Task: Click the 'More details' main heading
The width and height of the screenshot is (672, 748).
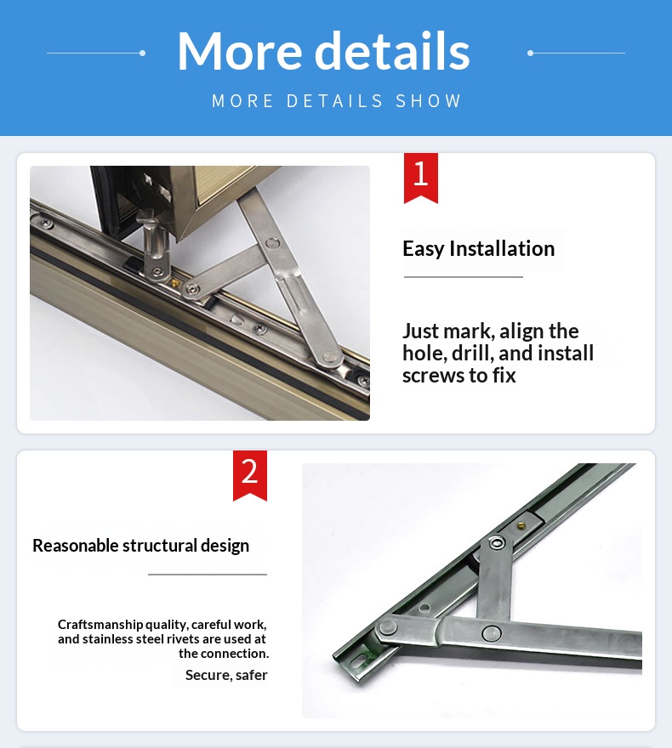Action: (x=323, y=51)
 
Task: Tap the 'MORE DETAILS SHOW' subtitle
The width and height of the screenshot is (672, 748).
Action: (x=336, y=101)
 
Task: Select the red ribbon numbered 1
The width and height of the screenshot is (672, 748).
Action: (x=420, y=177)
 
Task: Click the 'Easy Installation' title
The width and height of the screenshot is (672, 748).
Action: (x=478, y=248)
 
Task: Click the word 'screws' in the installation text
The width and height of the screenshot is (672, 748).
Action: (x=431, y=375)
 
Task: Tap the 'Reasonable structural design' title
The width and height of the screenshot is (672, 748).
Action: (x=140, y=546)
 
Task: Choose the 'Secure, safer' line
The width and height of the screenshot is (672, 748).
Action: (x=226, y=675)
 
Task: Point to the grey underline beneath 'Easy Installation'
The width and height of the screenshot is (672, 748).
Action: (x=463, y=277)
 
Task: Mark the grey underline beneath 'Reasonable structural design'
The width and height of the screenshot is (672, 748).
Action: (x=207, y=575)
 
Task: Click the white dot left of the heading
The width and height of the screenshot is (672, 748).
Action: (x=142, y=53)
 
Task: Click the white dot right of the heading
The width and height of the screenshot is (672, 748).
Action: (x=530, y=53)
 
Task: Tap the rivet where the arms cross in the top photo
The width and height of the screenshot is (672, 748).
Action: (x=272, y=244)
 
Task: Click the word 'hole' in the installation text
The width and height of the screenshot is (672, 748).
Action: (x=425, y=353)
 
